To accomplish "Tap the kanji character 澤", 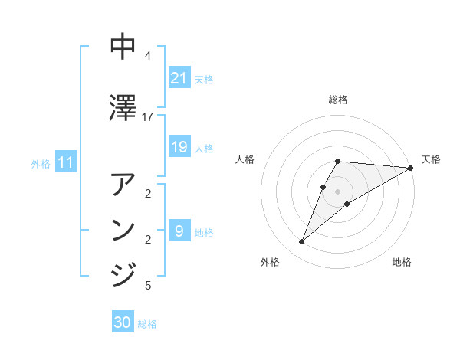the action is (x=123, y=107).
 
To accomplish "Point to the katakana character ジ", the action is (x=123, y=274).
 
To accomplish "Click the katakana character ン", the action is (x=123, y=231).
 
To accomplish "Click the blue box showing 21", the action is (x=179, y=78).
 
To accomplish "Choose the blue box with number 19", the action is (x=179, y=147).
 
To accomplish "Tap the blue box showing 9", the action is (x=179, y=231).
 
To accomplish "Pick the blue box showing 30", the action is (x=123, y=322).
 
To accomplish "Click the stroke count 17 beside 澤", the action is (x=148, y=116).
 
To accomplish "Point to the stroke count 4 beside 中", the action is (x=148, y=55).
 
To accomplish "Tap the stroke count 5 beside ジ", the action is (x=148, y=286).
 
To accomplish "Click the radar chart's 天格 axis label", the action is (x=431, y=159).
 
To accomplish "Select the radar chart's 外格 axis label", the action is (x=270, y=262).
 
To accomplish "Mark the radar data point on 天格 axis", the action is (x=411, y=168).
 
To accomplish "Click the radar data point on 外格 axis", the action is (x=302, y=242).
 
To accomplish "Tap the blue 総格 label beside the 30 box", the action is (x=147, y=324).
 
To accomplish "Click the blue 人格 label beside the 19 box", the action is (x=204, y=148).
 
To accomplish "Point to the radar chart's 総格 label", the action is (x=338, y=100).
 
